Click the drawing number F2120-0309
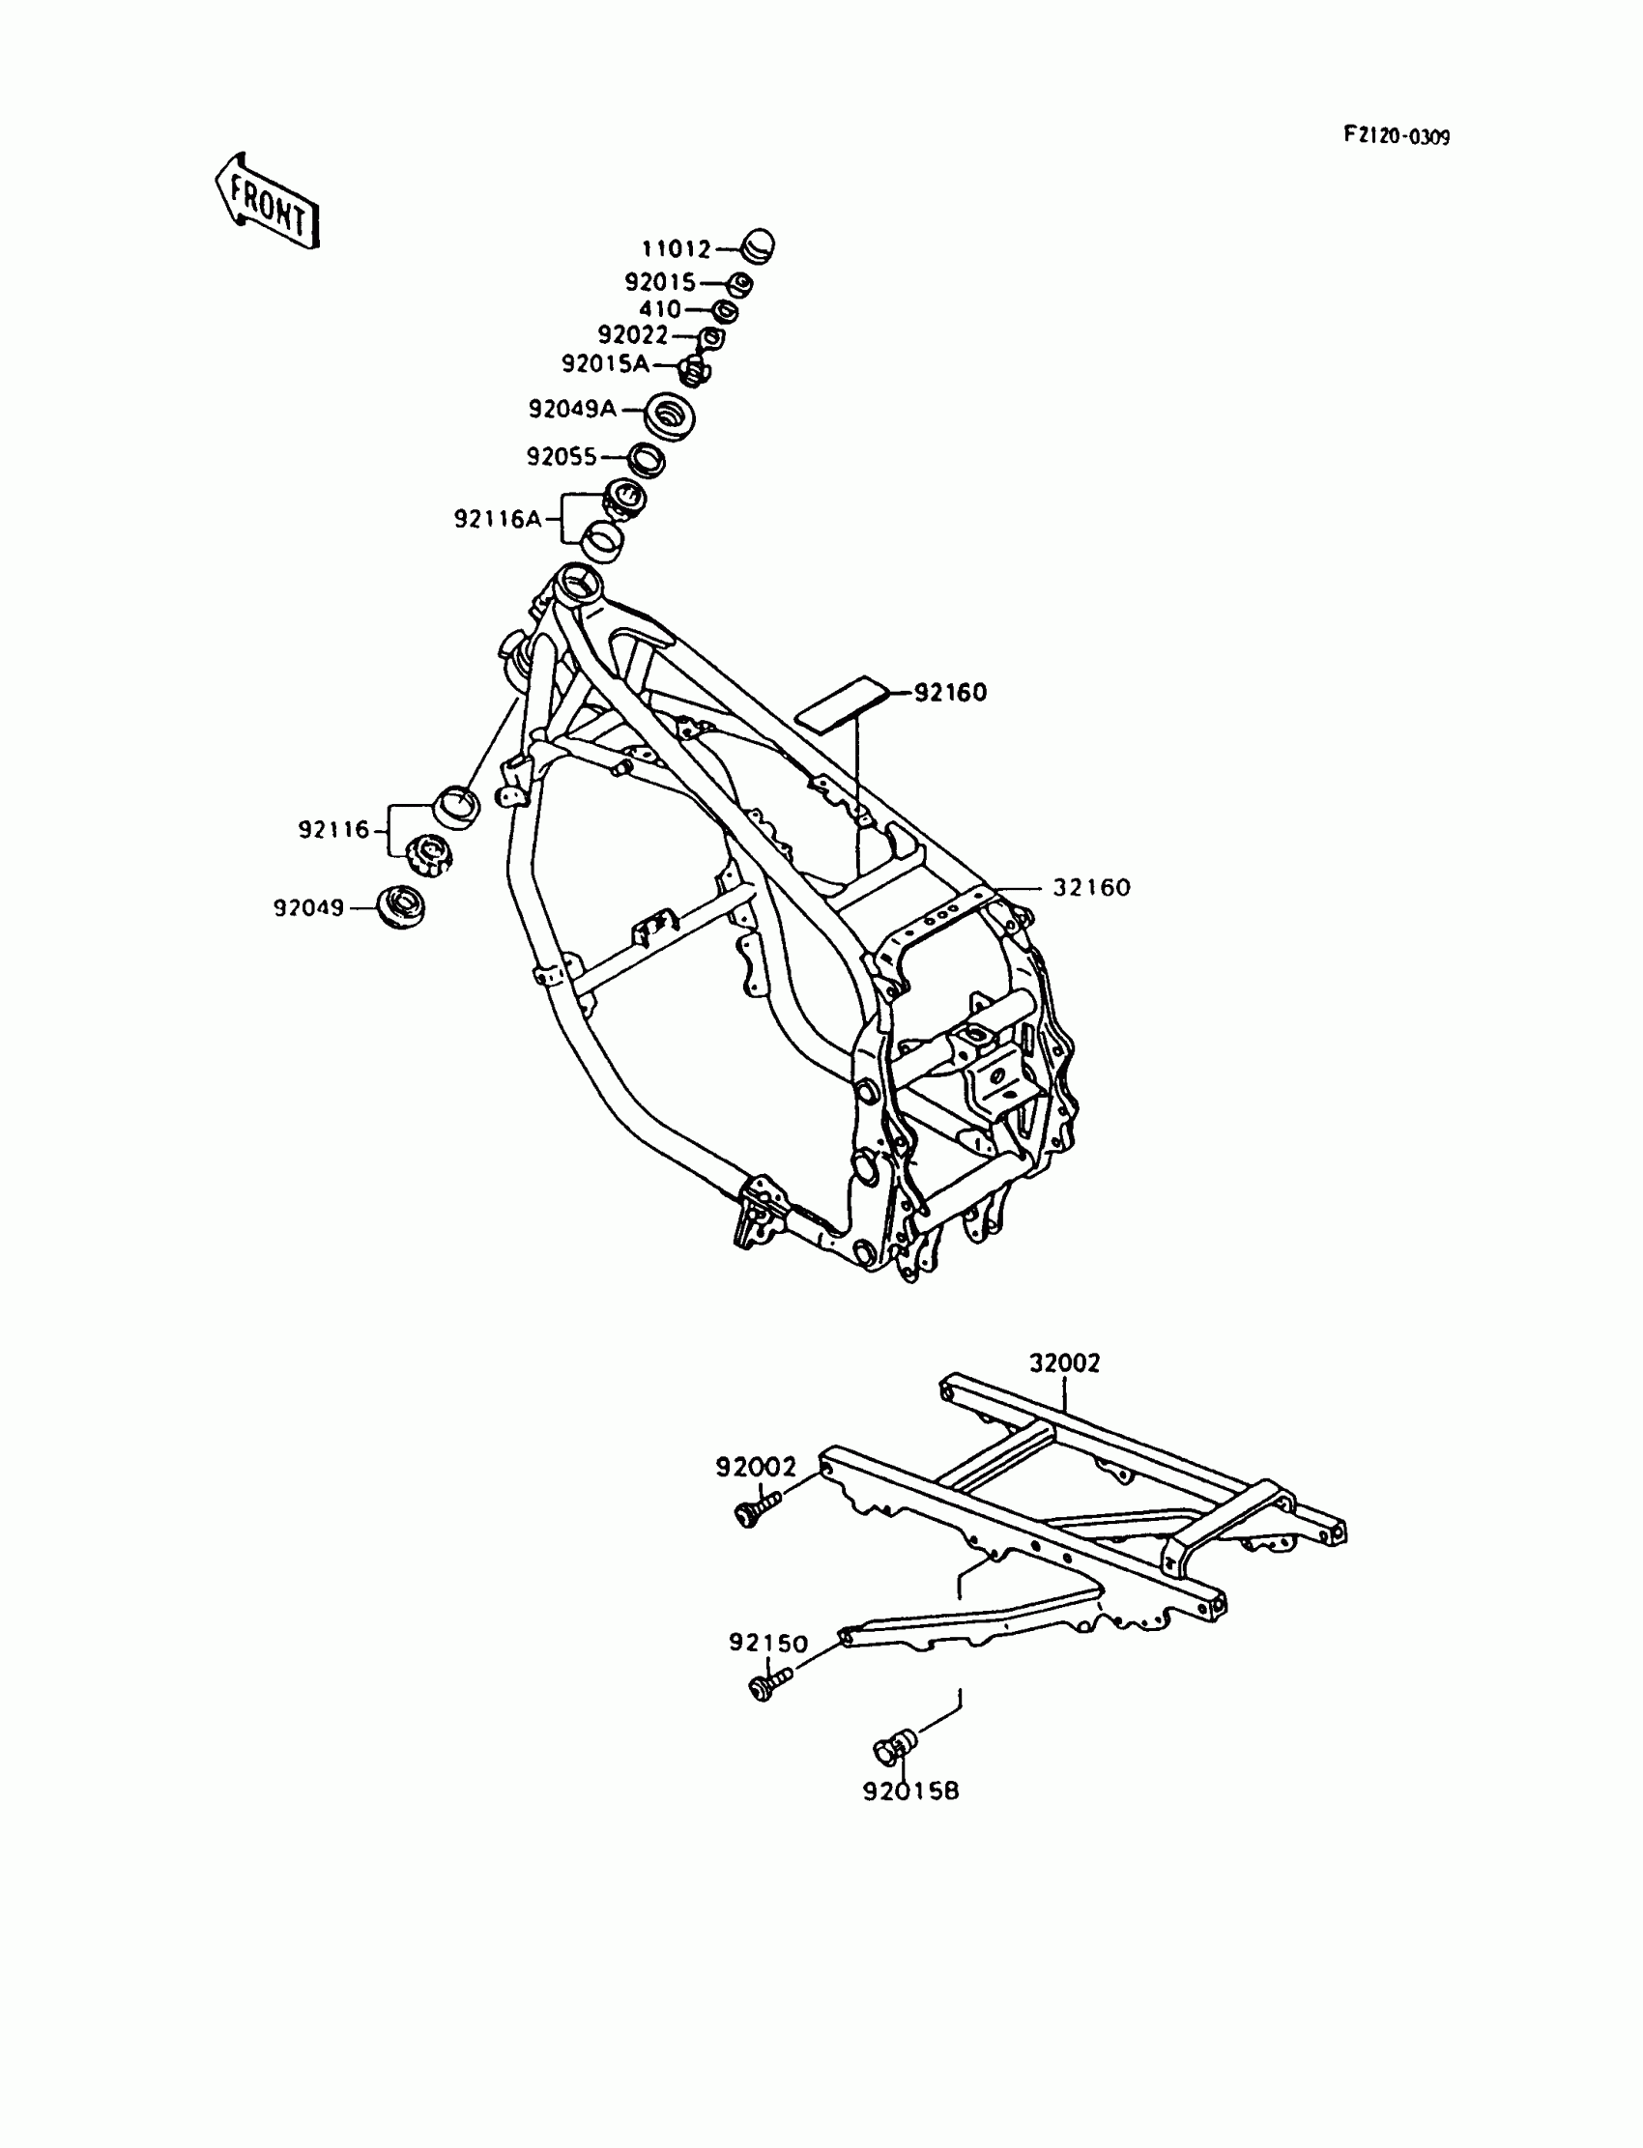1396,136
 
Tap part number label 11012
676,250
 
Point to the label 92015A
605,364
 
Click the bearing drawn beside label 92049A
671,415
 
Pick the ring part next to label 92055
646,459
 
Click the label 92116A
497,519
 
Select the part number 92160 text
951,693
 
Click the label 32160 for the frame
1090,888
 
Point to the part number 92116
334,830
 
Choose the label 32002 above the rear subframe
1064,1362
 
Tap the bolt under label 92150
768,1684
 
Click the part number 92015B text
910,1791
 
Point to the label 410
660,310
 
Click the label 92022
633,336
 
